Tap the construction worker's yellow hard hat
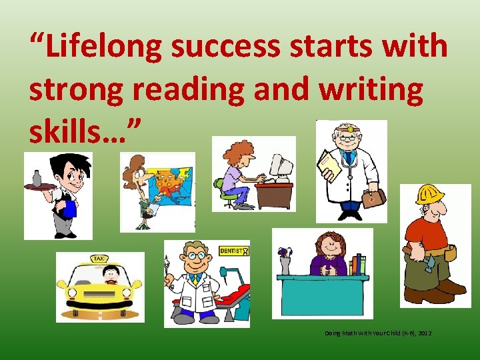[x=430, y=194]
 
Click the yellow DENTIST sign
[x=233, y=251]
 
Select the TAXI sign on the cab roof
[x=99, y=258]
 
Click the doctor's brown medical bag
[x=373, y=198]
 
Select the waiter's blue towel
[x=69, y=209]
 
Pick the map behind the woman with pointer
[x=171, y=189]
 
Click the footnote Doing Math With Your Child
[x=378, y=332]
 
